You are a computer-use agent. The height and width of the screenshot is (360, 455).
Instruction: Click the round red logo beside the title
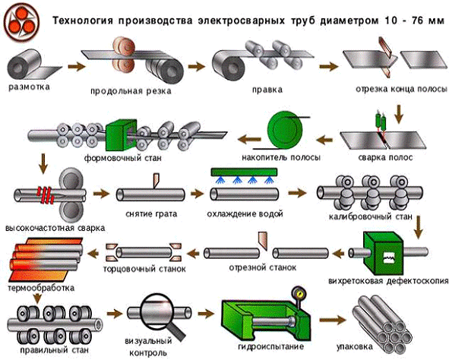click(x=22, y=22)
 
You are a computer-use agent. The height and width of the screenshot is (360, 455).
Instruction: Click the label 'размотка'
click(x=29, y=87)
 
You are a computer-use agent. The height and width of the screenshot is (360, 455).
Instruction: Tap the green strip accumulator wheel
click(x=285, y=128)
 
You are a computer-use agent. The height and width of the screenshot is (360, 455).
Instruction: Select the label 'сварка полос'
click(x=385, y=157)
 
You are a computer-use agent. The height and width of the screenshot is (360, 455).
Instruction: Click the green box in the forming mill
click(x=121, y=134)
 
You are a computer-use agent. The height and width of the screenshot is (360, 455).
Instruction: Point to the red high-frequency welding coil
click(x=46, y=194)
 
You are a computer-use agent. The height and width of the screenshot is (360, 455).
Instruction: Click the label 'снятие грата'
click(x=151, y=214)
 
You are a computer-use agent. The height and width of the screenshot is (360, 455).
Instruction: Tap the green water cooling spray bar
click(x=244, y=172)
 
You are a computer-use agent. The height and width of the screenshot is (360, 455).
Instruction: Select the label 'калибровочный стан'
click(x=371, y=216)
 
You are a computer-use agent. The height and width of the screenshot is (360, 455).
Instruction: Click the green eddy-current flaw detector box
click(x=384, y=253)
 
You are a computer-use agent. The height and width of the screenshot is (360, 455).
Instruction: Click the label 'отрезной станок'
click(x=263, y=267)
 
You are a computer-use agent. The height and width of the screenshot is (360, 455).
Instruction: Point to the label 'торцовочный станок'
click(x=144, y=269)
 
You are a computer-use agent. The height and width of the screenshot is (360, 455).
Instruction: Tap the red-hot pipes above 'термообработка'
click(x=46, y=259)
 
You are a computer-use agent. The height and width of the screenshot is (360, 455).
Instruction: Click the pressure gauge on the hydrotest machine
click(x=298, y=294)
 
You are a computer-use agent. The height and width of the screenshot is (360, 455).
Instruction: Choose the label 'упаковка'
click(x=355, y=347)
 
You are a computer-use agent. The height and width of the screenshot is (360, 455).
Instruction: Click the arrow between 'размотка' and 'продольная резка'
click(x=77, y=66)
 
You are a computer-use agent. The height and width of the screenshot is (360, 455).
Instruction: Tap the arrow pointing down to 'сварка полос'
click(x=400, y=114)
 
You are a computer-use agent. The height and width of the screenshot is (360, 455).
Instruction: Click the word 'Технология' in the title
click(x=82, y=21)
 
